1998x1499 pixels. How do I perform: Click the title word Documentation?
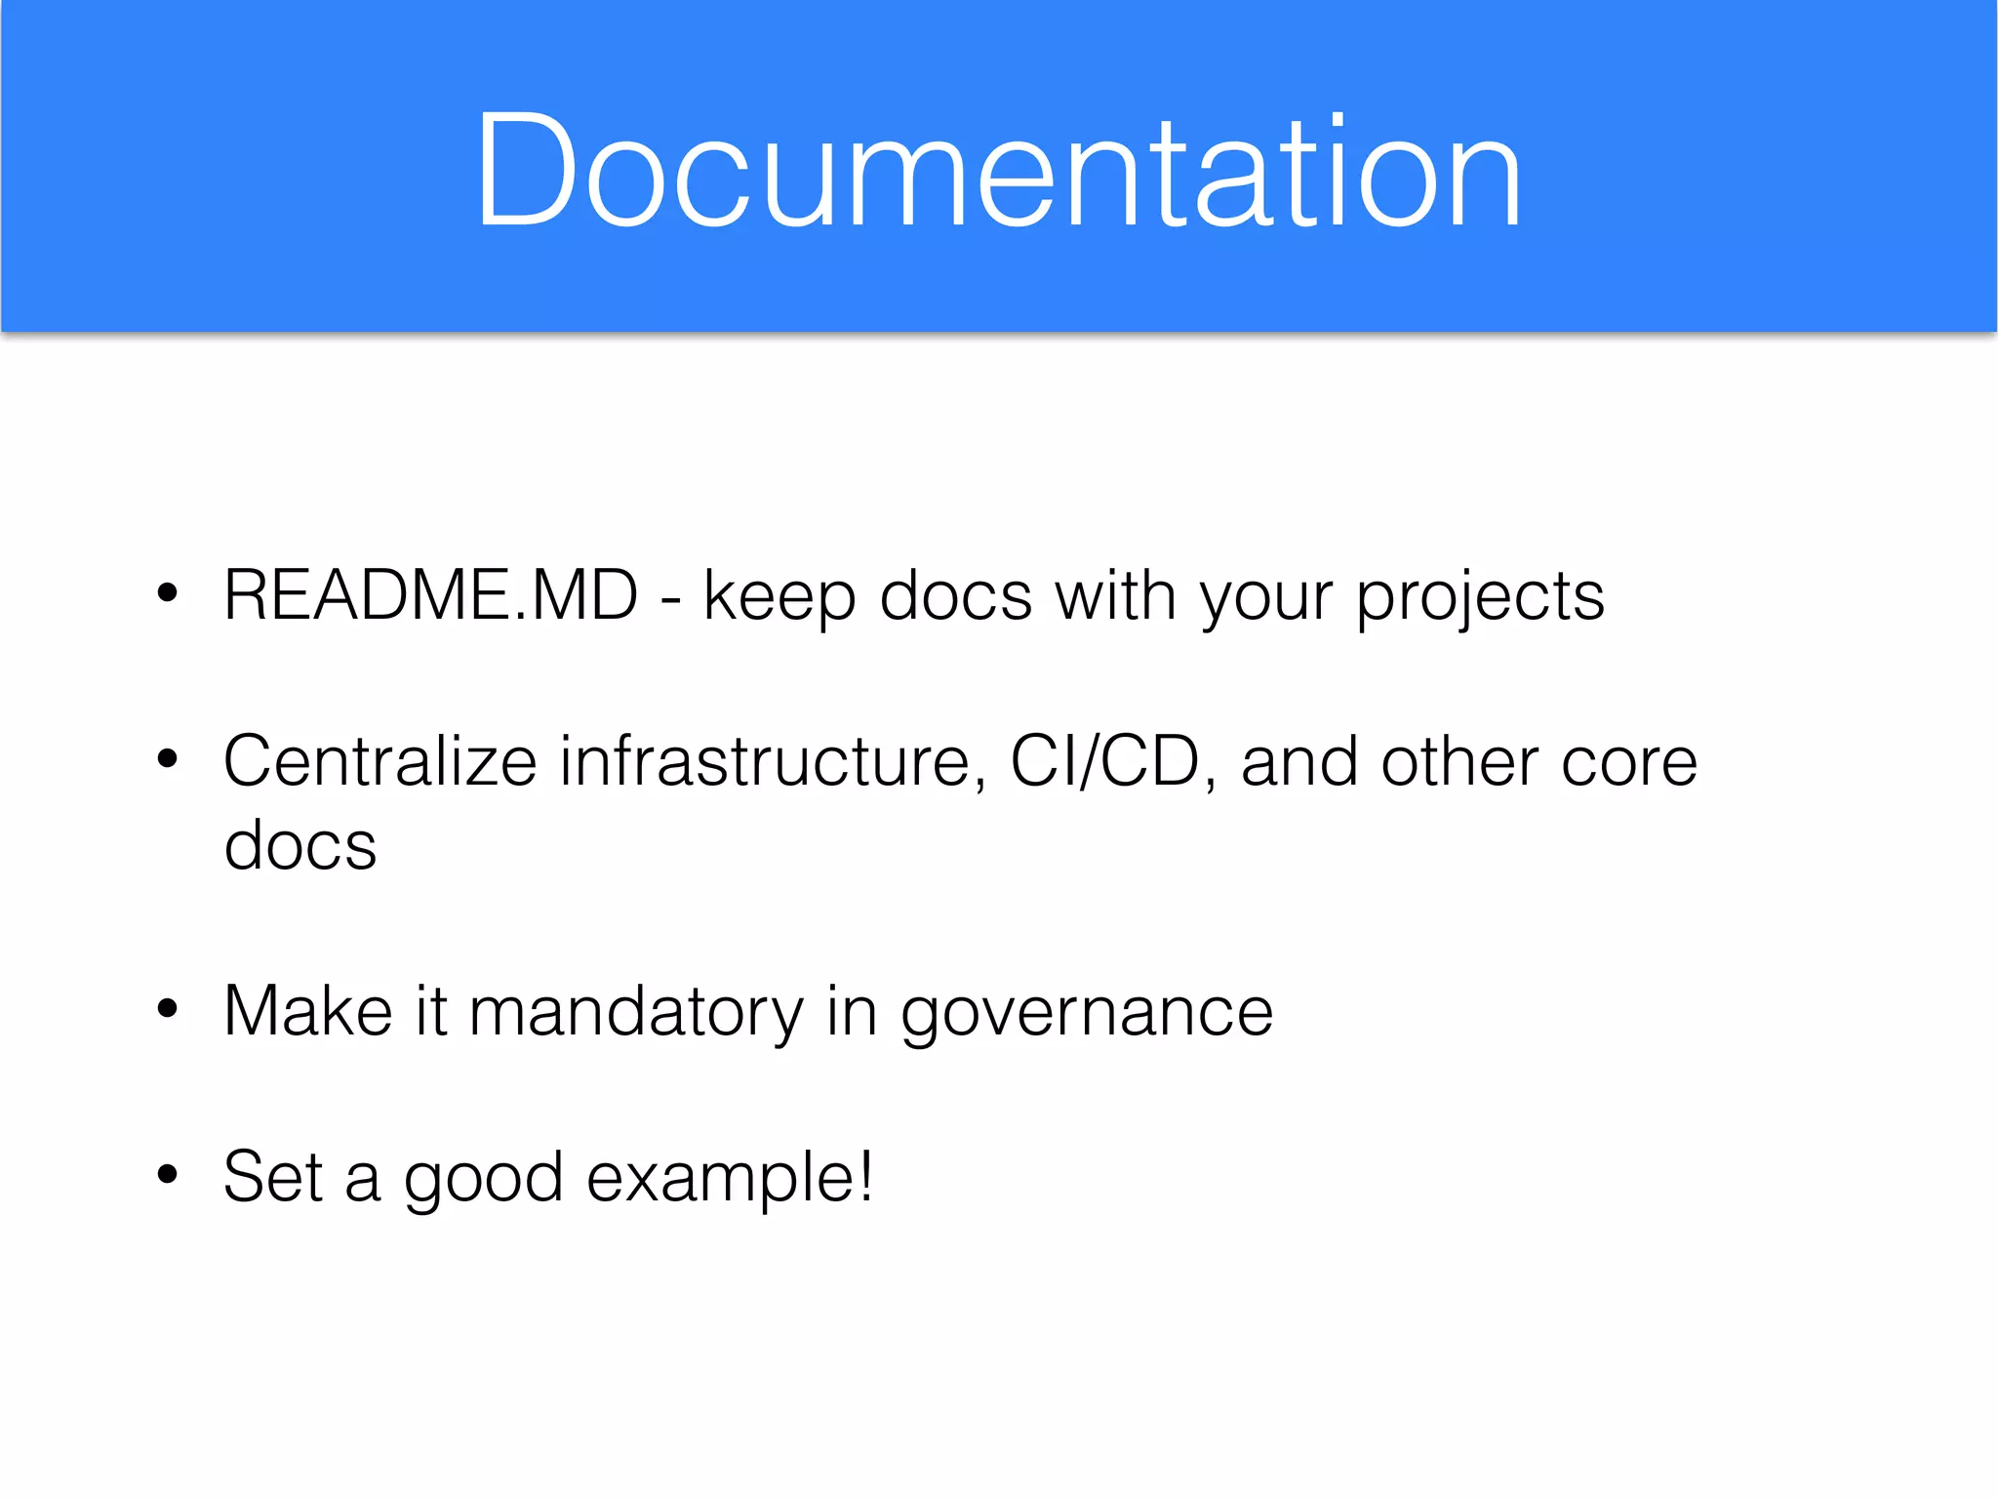tap(997, 172)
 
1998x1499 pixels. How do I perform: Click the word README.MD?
tap(430, 594)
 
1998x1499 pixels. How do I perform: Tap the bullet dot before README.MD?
tap(168, 592)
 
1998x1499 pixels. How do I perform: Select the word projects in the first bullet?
tap(1480, 597)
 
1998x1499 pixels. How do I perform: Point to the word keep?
tap(779, 597)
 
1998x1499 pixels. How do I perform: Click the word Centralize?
tap(380, 761)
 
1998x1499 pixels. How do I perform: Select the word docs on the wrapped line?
tap(300, 845)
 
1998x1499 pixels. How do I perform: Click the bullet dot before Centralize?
tap(168, 758)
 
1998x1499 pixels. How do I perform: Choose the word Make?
tap(307, 1011)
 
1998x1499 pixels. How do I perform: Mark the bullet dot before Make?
tap(168, 1008)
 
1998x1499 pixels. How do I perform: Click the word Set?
tap(272, 1177)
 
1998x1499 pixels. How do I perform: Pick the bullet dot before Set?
tap(168, 1174)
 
